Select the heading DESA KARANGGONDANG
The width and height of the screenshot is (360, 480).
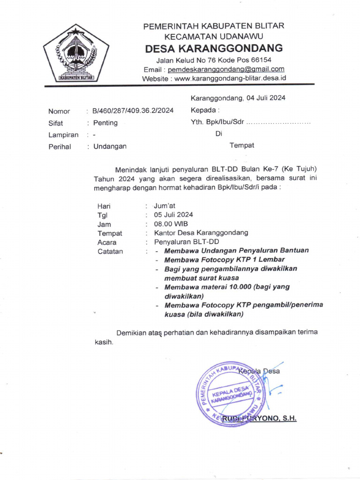[214, 48]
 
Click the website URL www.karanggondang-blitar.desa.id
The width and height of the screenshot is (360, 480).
[230, 79]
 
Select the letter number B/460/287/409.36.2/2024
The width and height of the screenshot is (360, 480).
[133, 111]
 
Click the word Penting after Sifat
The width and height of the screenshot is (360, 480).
[105, 123]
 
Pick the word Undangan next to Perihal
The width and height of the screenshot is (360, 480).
[110, 146]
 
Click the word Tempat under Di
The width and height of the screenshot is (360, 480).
[242, 145]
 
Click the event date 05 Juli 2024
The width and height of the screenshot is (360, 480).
[173, 215]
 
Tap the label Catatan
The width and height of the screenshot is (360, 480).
[110, 251]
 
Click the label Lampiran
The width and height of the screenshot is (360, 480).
[63, 135]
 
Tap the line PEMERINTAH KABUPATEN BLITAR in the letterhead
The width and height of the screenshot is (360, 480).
[214, 26]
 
